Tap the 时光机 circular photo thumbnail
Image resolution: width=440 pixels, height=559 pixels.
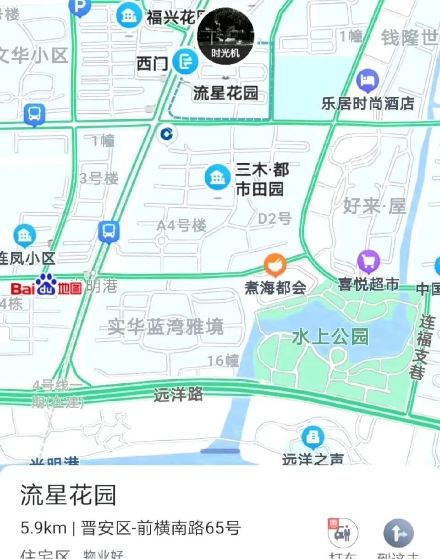point(225,36)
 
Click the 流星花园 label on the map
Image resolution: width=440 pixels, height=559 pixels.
point(225,93)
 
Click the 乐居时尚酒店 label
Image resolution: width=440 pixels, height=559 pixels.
point(368,104)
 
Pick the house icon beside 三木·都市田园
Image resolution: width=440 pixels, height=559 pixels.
point(218,177)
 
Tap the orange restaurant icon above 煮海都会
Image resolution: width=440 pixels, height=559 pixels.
point(275,265)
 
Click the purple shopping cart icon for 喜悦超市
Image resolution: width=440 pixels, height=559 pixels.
point(368,262)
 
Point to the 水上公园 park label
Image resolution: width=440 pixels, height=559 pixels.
point(330,337)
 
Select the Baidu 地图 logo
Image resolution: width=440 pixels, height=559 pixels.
point(46,286)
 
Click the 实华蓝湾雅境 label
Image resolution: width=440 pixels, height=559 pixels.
point(165,327)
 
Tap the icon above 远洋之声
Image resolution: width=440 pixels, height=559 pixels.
point(313,437)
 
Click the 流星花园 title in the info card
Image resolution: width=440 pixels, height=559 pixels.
point(68,495)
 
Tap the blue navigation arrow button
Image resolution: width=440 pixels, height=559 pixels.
point(398,533)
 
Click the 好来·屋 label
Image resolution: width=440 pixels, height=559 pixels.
point(374,206)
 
